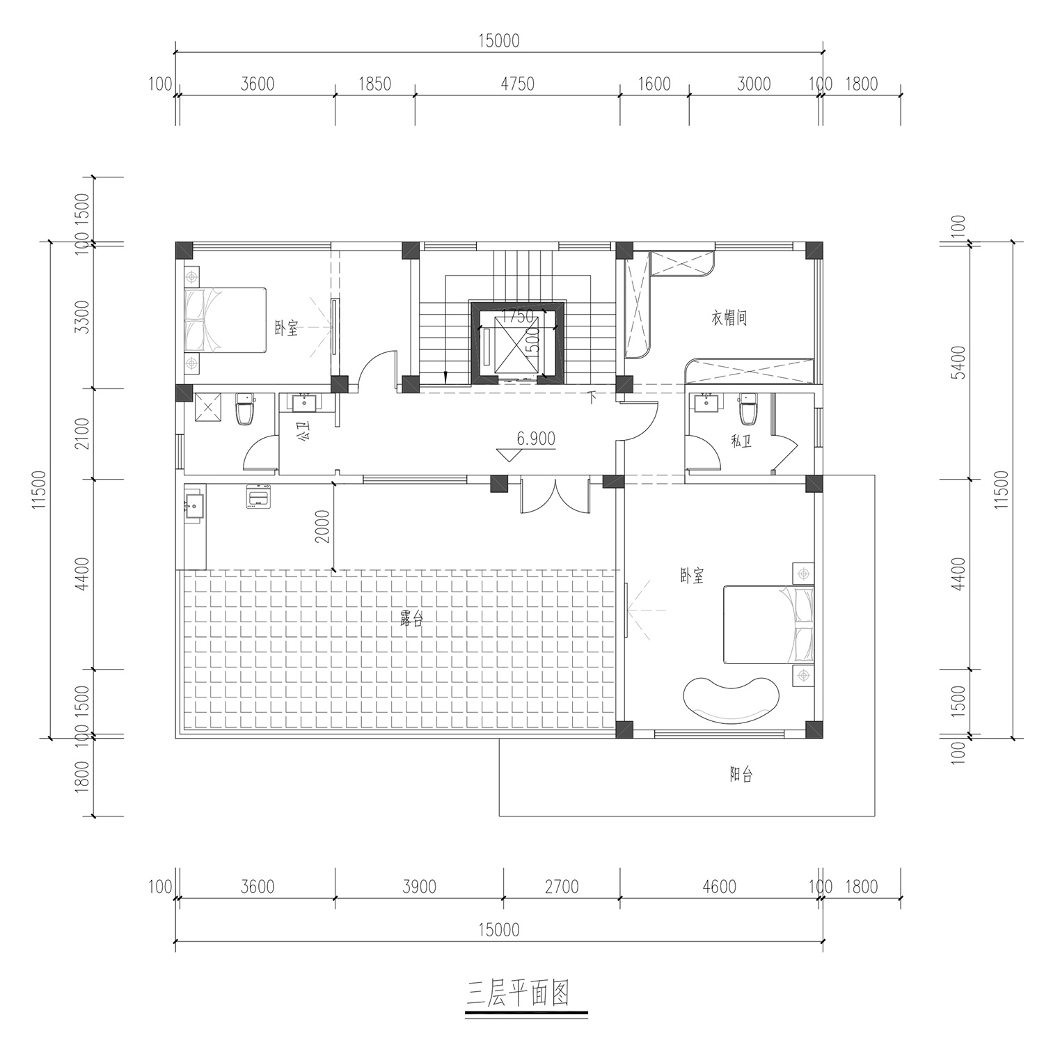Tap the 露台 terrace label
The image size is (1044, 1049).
pyautogui.click(x=411, y=618)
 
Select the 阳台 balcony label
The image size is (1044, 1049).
pyautogui.click(x=741, y=774)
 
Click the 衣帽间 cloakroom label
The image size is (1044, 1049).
pyautogui.click(x=729, y=319)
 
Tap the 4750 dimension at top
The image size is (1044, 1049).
pyautogui.click(x=517, y=84)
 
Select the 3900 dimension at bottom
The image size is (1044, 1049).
pyautogui.click(x=419, y=886)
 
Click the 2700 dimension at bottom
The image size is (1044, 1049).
pyautogui.click(x=562, y=886)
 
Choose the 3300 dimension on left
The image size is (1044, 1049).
pyautogui.click(x=82, y=317)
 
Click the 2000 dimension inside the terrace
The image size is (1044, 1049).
pyautogui.click(x=322, y=527)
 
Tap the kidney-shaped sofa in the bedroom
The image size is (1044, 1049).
pyautogui.click(x=731, y=697)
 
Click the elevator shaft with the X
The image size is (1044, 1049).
pyautogui.click(x=516, y=344)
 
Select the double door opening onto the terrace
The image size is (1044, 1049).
pyautogui.click(x=555, y=496)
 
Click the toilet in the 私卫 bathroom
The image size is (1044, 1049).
pyautogui.click(x=748, y=410)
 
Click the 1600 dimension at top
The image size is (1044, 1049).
pyautogui.click(x=654, y=84)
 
